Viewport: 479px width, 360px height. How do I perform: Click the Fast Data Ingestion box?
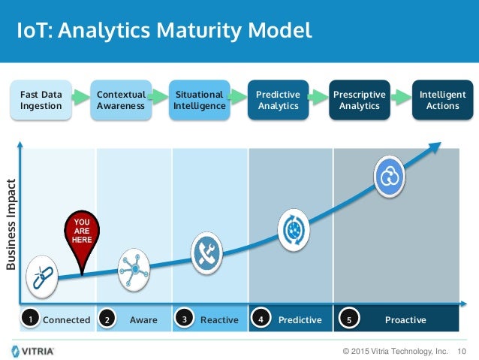41,100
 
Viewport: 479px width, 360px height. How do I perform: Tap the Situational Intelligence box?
199,100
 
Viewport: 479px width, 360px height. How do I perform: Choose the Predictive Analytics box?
278,100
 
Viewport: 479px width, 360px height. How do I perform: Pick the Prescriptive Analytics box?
360,100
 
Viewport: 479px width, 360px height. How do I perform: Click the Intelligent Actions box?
442,100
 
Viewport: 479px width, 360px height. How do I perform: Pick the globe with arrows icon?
294,229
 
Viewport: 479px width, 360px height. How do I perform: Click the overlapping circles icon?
391,177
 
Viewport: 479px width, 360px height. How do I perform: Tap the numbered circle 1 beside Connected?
30,319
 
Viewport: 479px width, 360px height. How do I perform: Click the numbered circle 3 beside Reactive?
185,319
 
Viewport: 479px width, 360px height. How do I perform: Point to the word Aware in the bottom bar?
143,320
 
